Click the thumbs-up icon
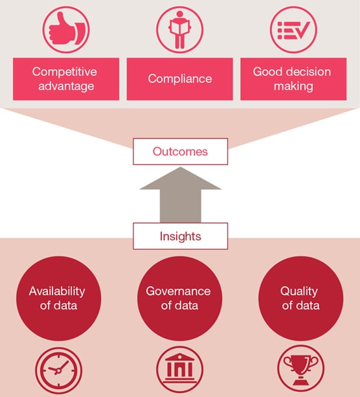66,30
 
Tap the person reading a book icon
180,30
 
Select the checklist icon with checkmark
293,30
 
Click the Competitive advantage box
66,79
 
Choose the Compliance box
180,79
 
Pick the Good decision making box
293,79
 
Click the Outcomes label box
180,152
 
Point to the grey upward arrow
181,195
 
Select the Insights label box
180,236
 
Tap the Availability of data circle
58,299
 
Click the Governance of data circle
180,299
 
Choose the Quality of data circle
301,299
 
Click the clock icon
58,370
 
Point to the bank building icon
180,369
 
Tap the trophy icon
301,369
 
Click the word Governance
178,291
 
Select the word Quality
299,291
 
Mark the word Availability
57,291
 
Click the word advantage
66,86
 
